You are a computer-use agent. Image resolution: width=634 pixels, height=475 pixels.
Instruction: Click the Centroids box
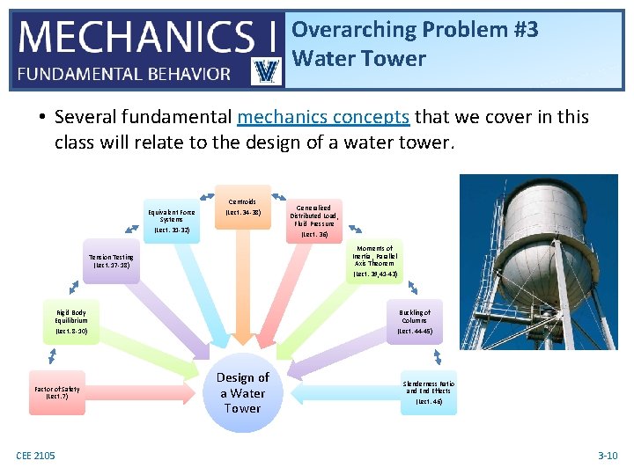click(243, 208)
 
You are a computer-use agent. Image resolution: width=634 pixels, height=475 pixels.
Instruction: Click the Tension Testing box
click(111, 261)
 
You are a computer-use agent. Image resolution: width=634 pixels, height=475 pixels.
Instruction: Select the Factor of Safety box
click(57, 392)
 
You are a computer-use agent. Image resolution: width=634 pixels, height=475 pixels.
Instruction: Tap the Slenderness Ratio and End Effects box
click(429, 392)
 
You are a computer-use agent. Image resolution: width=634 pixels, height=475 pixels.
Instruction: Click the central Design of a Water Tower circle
click(242, 392)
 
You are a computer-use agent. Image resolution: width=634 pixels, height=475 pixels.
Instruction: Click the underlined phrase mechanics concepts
click(323, 117)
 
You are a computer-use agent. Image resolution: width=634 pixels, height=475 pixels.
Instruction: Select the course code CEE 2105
click(35, 455)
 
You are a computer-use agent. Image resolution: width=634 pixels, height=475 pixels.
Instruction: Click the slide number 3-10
click(608, 455)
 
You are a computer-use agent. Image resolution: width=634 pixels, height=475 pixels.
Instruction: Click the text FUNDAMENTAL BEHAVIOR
click(124, 74)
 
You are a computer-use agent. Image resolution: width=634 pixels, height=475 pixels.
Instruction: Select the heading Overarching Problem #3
click(415, 29)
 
